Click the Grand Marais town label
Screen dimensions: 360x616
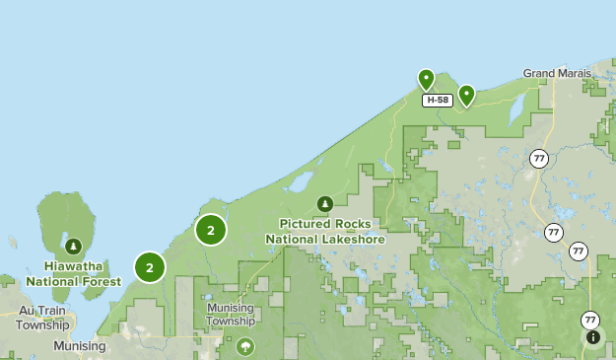(557, 73)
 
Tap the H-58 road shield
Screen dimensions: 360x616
(437, 100)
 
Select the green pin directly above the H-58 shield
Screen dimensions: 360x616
(426, 79)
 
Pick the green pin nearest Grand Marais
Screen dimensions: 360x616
(466, 95)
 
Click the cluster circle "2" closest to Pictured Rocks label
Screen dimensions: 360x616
(211, 230)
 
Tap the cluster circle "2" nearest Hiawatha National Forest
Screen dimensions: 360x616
(150, 266)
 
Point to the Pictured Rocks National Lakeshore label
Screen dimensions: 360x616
(324, 231)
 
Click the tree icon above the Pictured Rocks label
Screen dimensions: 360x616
(324, 204)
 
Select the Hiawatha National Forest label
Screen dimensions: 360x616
(73, 273)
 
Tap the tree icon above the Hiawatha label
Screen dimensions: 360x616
(73, 246)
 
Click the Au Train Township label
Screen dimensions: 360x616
(42, 317)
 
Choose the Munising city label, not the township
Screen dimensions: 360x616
(79, 346)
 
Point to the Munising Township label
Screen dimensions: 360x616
(231, 314)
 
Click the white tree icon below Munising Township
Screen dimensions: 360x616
(244, 346)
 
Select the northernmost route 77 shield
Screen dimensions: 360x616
(538, 158)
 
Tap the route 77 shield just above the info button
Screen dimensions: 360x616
(589, 320)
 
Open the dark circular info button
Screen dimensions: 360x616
(593, 337)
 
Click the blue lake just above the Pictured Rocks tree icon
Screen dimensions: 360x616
(299, 182)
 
